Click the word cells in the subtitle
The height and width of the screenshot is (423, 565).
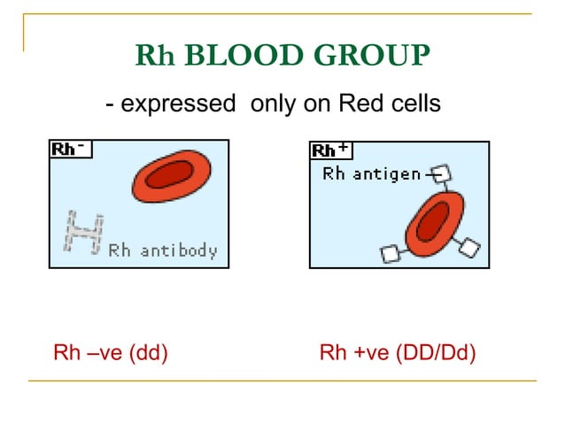(x=409, y=104)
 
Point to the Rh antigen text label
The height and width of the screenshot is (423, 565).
(x=372, y=174)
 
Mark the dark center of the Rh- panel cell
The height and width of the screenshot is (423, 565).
(x=170, y=175)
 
